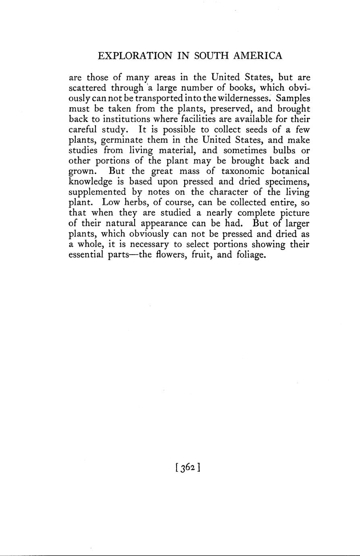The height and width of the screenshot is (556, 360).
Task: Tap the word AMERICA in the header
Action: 257,56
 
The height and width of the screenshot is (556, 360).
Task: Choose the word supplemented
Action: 96,193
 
